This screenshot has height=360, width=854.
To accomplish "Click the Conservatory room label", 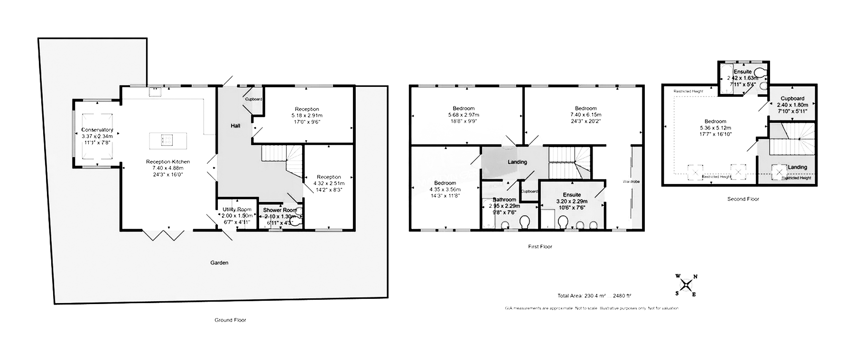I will [97, 130].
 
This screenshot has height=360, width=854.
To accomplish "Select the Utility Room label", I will [237, 210].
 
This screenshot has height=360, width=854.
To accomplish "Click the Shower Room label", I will [280, 210].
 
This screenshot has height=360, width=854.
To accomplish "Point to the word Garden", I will [219, 262].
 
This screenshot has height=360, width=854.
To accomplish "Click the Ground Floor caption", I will [230, 320].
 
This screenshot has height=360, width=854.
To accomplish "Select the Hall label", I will [235, 126].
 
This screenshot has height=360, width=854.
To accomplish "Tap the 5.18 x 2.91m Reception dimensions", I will [307, 115].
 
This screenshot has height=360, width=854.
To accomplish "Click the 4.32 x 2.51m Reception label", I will [329, 177].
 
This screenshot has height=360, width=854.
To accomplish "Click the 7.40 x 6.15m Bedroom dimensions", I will [585, 115].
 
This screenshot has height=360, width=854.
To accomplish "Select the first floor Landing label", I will [517, 162].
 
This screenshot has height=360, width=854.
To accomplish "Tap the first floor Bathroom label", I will [504, 200].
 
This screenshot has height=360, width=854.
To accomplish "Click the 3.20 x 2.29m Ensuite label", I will [572, 195].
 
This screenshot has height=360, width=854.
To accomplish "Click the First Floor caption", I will [540, 247].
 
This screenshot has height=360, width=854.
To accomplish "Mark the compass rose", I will [686, 285].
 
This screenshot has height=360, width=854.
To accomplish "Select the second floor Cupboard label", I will [792, 99].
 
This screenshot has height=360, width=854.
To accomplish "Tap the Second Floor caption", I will [743, 199].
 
